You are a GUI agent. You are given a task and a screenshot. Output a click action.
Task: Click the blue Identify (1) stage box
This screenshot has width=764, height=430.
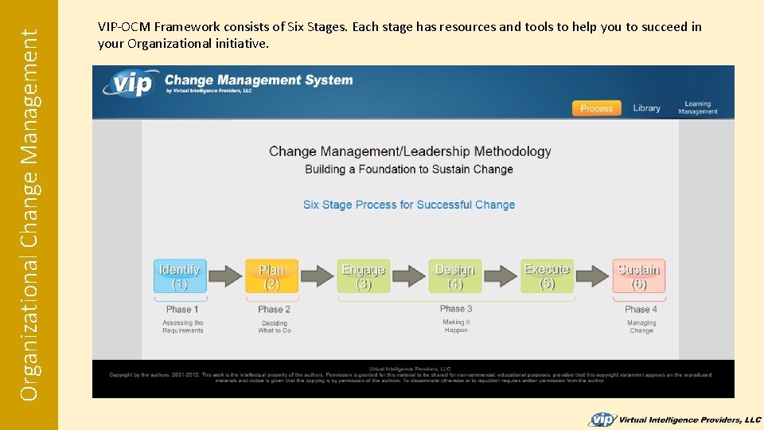pos(180,276)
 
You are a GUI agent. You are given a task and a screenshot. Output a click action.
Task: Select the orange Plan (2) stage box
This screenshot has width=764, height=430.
pos(271,276)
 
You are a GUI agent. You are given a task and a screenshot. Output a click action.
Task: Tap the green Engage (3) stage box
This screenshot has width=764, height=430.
pos(364,276)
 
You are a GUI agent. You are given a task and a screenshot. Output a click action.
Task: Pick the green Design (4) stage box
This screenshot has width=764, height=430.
pos(454,276)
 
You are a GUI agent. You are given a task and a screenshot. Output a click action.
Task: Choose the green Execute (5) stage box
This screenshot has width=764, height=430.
pos(547,276)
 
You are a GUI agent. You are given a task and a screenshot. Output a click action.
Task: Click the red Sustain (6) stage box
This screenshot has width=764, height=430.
pos(638,276)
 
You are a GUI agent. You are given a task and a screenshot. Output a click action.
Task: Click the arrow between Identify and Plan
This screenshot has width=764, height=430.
pos(225,276)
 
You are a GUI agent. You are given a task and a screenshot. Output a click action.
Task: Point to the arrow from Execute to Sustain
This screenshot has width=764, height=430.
pos(593,276)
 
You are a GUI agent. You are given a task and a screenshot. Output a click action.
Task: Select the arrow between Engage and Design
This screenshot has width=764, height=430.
pos(409,276)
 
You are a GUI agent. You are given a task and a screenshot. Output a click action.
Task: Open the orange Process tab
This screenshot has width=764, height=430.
pos(596,108)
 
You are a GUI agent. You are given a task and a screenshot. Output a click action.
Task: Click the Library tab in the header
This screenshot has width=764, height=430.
pos(646,108)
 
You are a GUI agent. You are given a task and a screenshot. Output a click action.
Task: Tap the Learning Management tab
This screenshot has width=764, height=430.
pos(697,107)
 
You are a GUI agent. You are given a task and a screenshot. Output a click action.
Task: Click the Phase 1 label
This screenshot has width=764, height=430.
pos(182,309)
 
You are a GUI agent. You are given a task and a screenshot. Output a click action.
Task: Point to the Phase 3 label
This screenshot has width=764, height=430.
pos(456,308)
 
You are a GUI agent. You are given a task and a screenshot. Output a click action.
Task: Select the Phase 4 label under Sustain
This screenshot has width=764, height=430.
pos(641,309)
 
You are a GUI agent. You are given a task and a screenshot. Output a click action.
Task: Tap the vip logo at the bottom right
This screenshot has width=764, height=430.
pos(602,419)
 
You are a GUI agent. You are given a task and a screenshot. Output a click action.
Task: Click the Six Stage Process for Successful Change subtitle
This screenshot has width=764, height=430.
pos(409,205)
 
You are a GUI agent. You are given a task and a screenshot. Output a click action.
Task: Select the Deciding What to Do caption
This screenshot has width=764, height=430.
pos(274,326)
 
